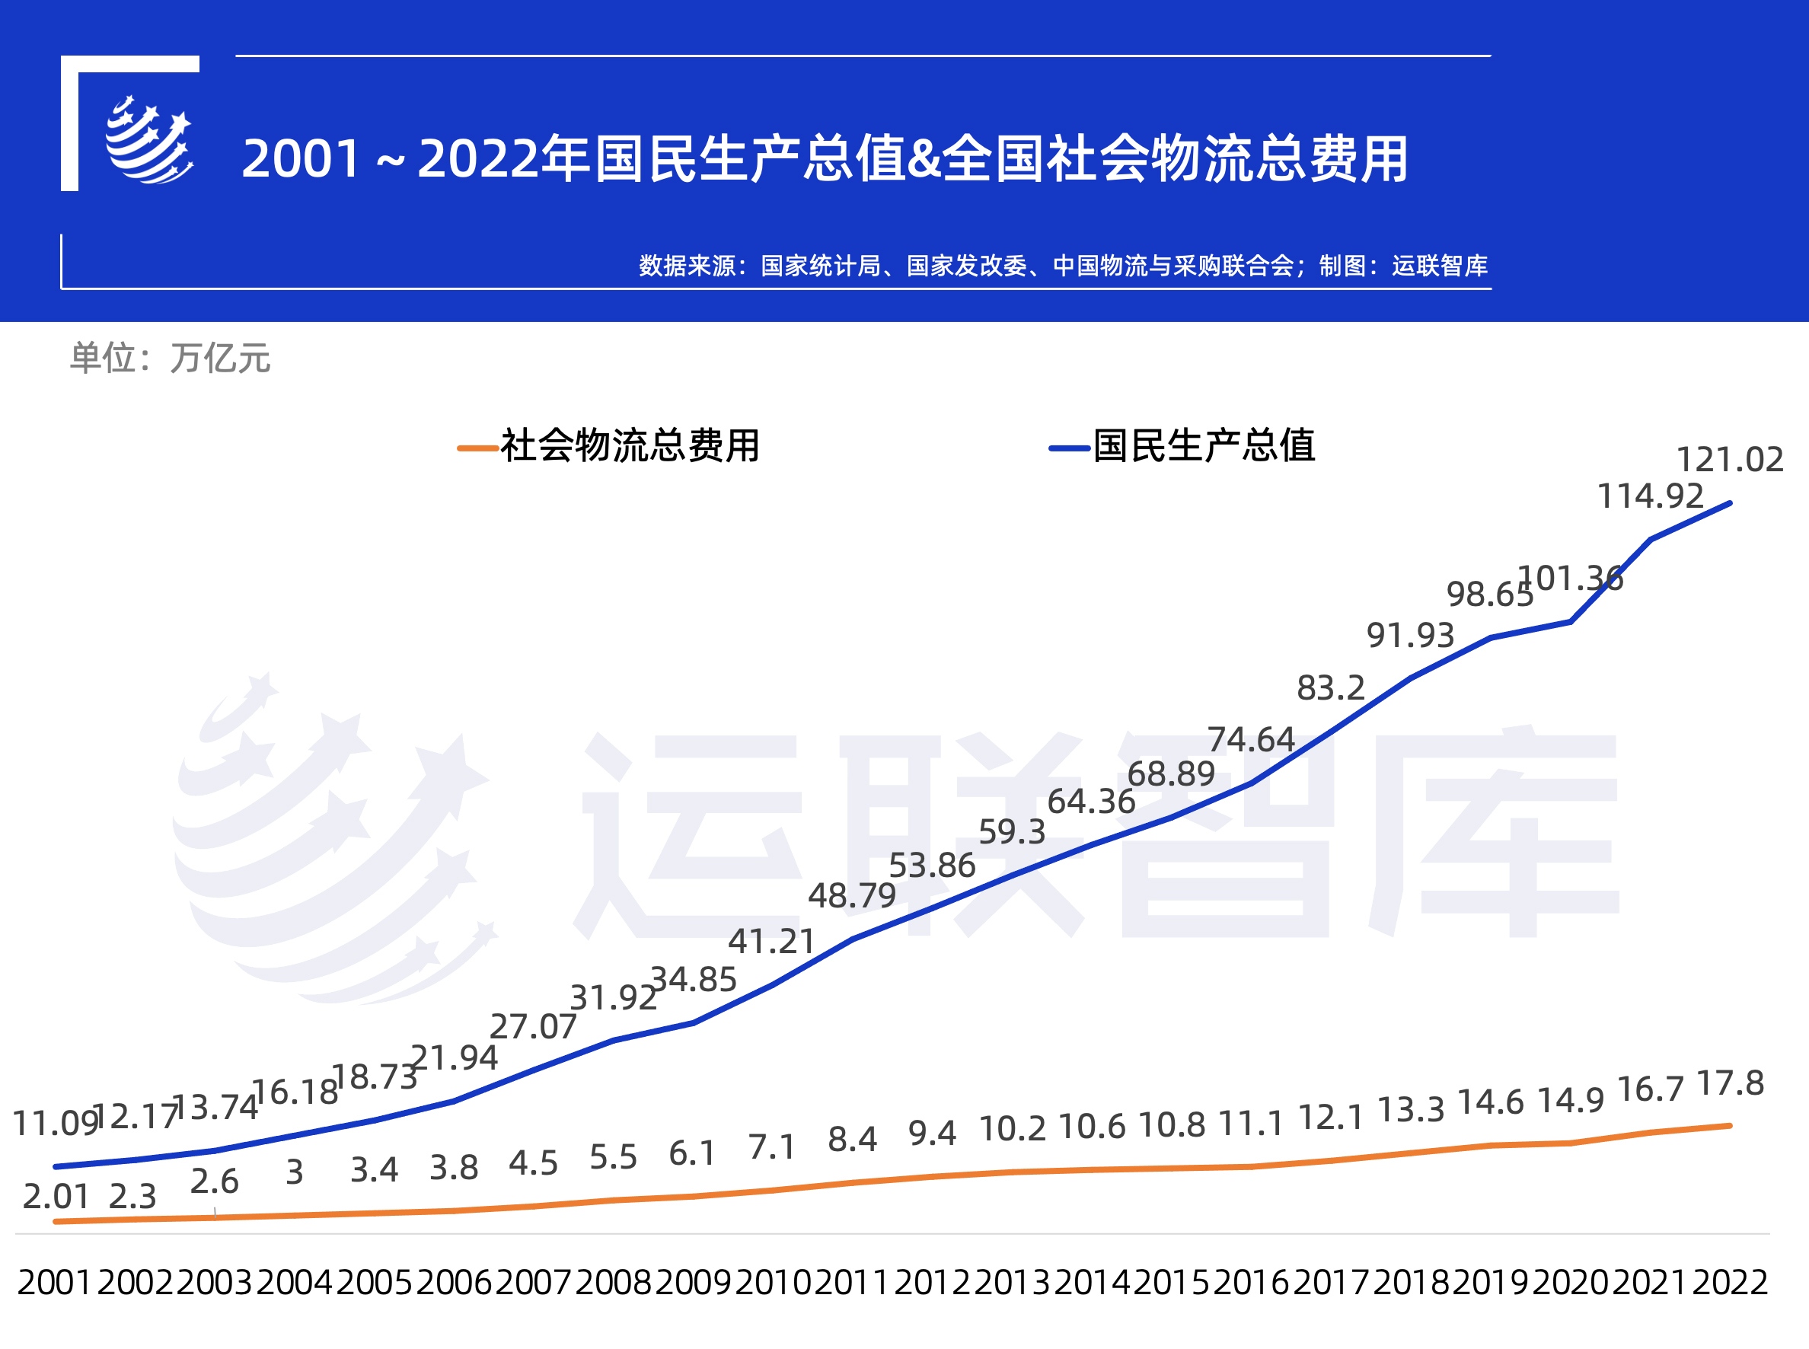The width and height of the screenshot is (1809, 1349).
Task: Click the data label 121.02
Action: [x=1729, y=460]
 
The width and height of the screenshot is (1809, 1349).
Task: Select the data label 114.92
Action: [x=1650, y=496]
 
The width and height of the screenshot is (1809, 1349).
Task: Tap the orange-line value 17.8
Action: [x=1730, y=1083]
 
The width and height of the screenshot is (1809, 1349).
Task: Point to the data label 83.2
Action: [x=1330, y=688]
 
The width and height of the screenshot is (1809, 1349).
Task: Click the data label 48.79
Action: [x=852, y=896]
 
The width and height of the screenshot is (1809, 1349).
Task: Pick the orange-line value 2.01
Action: [x=56, y=1197]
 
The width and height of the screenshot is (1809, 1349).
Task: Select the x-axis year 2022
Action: [x=1730, y=1282]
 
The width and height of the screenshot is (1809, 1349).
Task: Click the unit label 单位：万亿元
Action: [x=170, y=359]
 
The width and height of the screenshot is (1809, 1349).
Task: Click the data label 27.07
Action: [x=532, y=1027]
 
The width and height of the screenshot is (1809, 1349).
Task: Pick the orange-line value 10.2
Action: [x=1012, y=1129]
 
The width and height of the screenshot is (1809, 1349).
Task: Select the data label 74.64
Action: [x=1250, y=740]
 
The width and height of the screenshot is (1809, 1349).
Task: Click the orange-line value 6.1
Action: [x=692, y=1154]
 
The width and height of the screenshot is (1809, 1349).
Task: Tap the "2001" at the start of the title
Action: [x=301, y=158]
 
